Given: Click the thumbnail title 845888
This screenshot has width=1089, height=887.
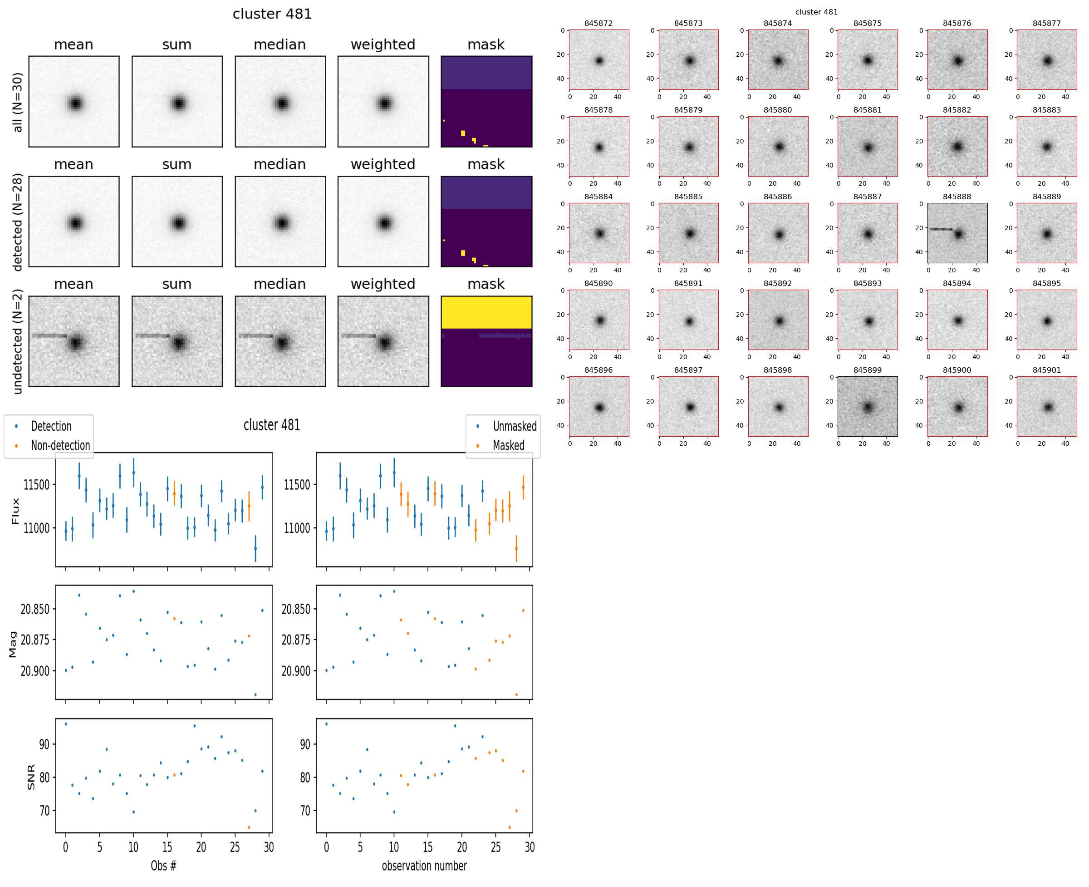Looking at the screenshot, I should point(956,197).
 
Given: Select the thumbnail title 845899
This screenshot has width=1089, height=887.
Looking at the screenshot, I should point(867,370).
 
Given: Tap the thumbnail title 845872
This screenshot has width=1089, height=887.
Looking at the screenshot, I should point(598,24).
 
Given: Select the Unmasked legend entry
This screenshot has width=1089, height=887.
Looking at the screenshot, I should point(515,426).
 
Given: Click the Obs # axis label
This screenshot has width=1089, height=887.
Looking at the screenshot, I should point(163,866).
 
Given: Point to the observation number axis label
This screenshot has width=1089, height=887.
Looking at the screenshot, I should point(424,866).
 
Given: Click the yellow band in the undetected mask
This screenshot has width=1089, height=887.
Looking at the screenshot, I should point(486,312).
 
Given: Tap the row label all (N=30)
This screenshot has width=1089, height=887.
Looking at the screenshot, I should point(17,102).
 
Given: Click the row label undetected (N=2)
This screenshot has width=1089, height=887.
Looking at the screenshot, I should point(17,341).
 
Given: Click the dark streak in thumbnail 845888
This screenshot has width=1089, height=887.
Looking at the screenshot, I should point(940,229).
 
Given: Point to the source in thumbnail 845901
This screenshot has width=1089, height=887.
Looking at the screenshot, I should point(1048,407).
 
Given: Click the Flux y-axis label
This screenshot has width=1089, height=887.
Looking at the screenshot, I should point(15,511).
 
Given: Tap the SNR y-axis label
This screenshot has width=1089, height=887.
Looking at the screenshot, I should point(31,777).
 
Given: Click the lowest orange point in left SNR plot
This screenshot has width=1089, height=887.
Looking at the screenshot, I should point(249,827).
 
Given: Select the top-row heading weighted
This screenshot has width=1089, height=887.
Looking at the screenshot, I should point(383,45).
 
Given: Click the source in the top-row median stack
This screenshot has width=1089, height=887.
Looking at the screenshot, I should point(281,103).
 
